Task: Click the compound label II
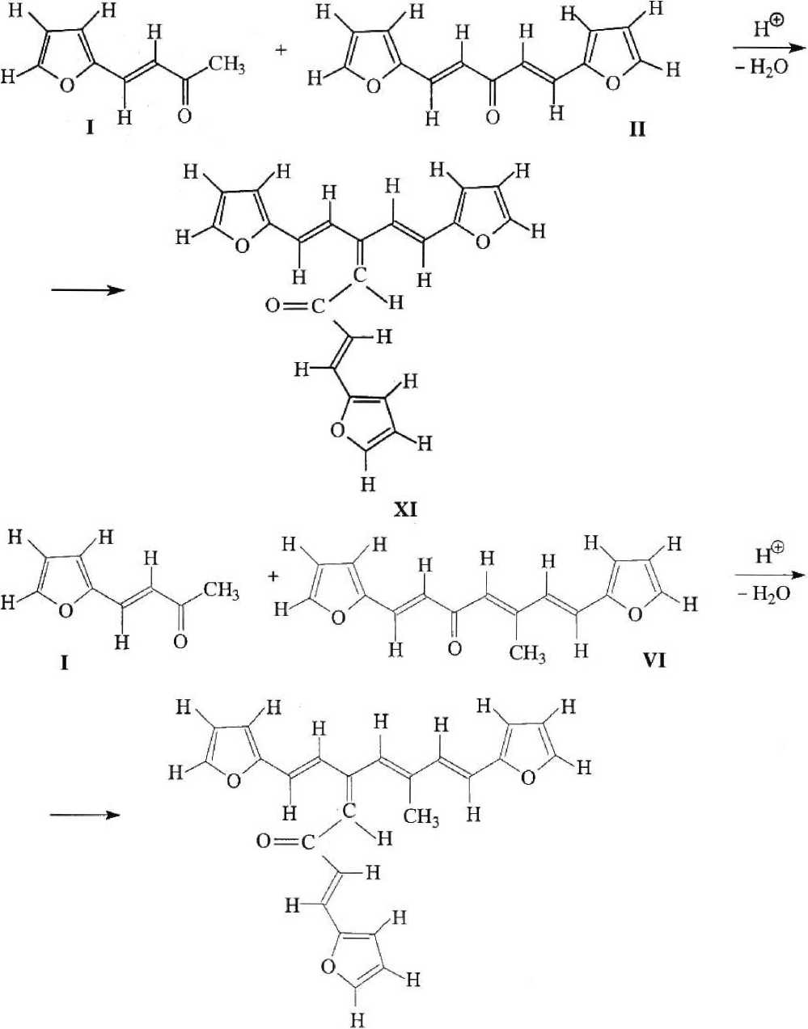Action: click(x=637, y=129)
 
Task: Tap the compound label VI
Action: click(x=654, y=660)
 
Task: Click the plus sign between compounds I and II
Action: click(x=281, y=50)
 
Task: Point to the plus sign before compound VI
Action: click(x=272, y=577)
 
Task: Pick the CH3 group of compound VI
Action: click(x=528, y=652)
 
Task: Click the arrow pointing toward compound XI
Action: click(x=88, y=289)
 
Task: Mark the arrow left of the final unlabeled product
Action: click(x=85, y=814)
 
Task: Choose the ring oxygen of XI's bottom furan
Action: click(x=337, y=430)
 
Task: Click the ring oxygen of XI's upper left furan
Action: click(x=242, y=246)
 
